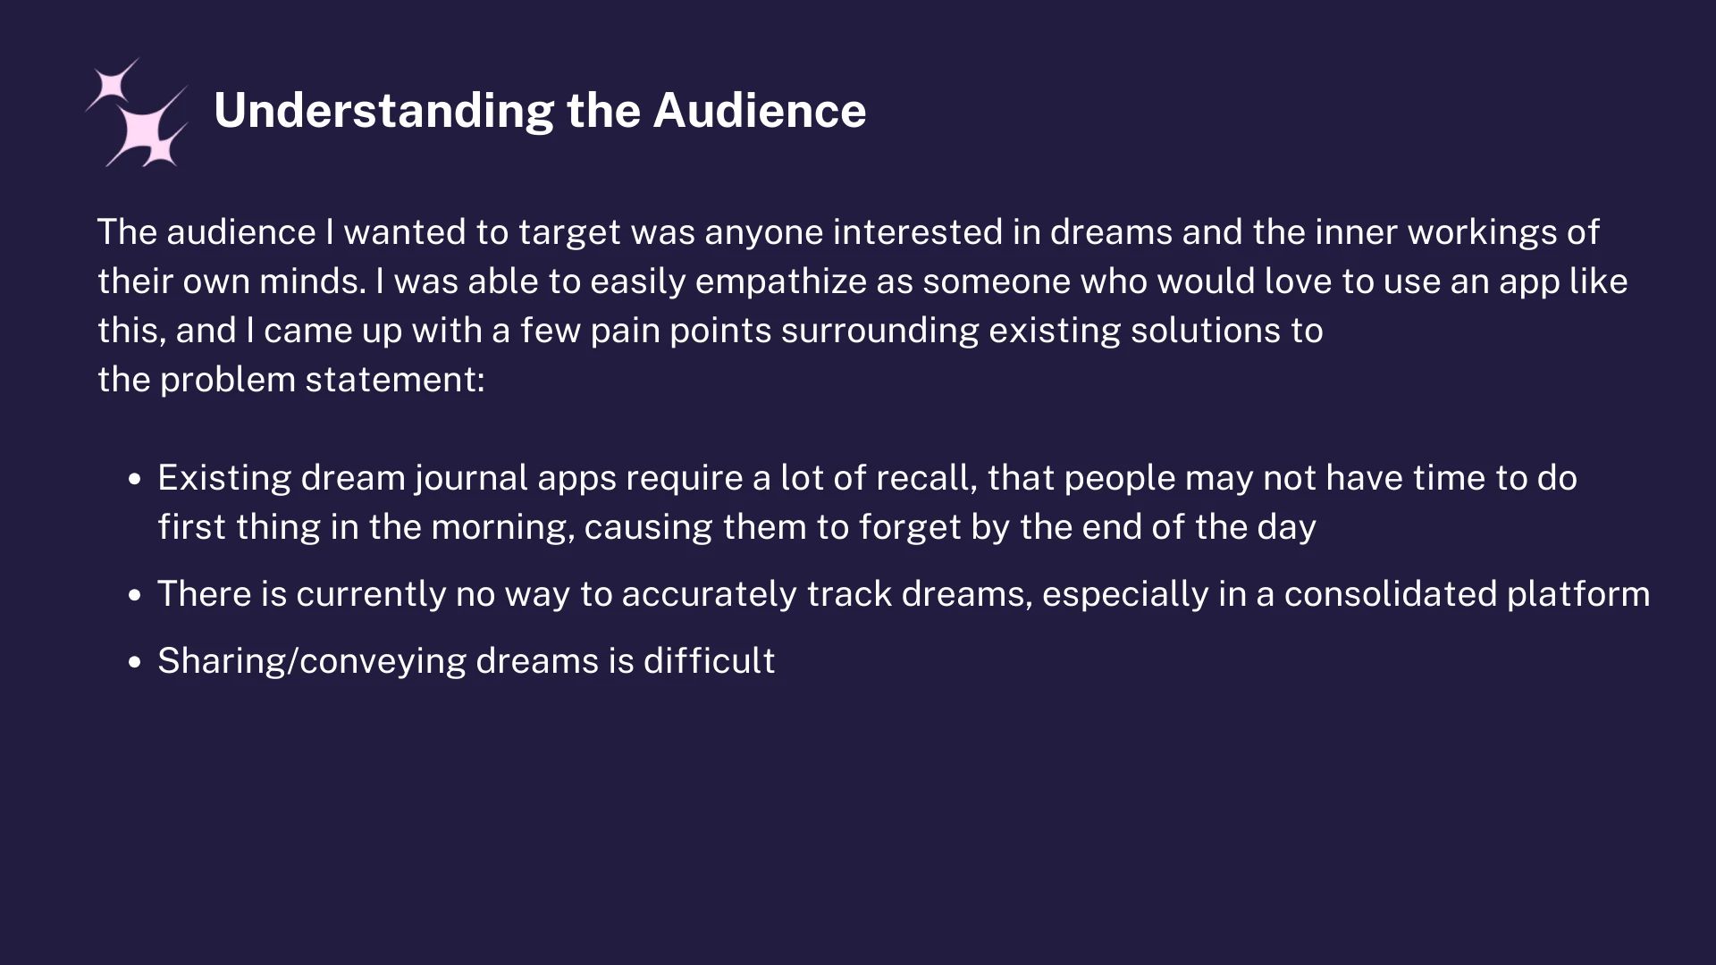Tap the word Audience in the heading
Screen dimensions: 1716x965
[760, 110]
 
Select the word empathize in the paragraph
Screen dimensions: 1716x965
[780, 282]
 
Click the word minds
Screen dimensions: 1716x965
[313, 281]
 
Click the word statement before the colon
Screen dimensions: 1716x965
[394, 380]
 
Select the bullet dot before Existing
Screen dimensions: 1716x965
[135, 479]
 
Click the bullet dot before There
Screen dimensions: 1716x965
[135, 595]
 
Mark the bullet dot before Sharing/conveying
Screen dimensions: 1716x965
[135, 662]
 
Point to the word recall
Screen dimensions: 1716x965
[927, 478]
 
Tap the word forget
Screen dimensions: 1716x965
[910, 528]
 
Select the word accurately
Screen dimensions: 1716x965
[709, 595]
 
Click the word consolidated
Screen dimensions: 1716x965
[1391, 594]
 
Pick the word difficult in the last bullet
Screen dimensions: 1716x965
[710, 661]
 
